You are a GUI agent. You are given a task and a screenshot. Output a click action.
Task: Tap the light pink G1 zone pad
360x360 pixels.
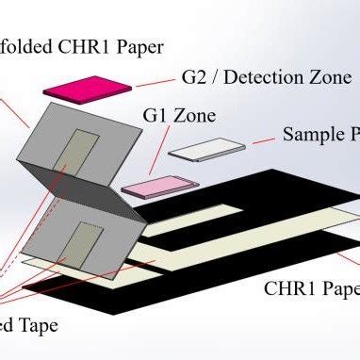[x=151, y=185]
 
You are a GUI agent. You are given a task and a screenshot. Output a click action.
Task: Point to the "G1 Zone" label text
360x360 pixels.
[x=178, y=118]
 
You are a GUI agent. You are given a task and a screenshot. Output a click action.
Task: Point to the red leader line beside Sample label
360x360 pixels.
[x=263, y=141]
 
